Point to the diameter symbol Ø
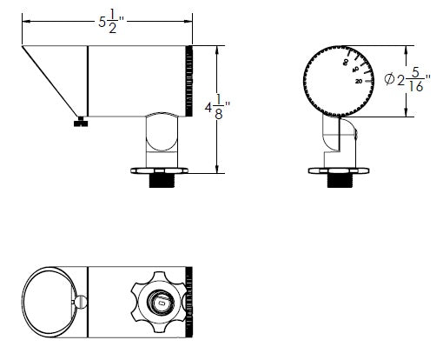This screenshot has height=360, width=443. [388, 81]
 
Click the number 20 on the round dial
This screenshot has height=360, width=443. [359, 81]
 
